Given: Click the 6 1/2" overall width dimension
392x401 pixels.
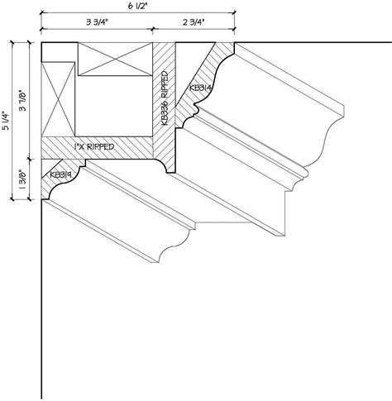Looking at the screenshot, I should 136,7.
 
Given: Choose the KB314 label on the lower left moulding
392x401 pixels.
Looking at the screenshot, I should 60,174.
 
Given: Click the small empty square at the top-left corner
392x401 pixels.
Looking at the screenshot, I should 58,53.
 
